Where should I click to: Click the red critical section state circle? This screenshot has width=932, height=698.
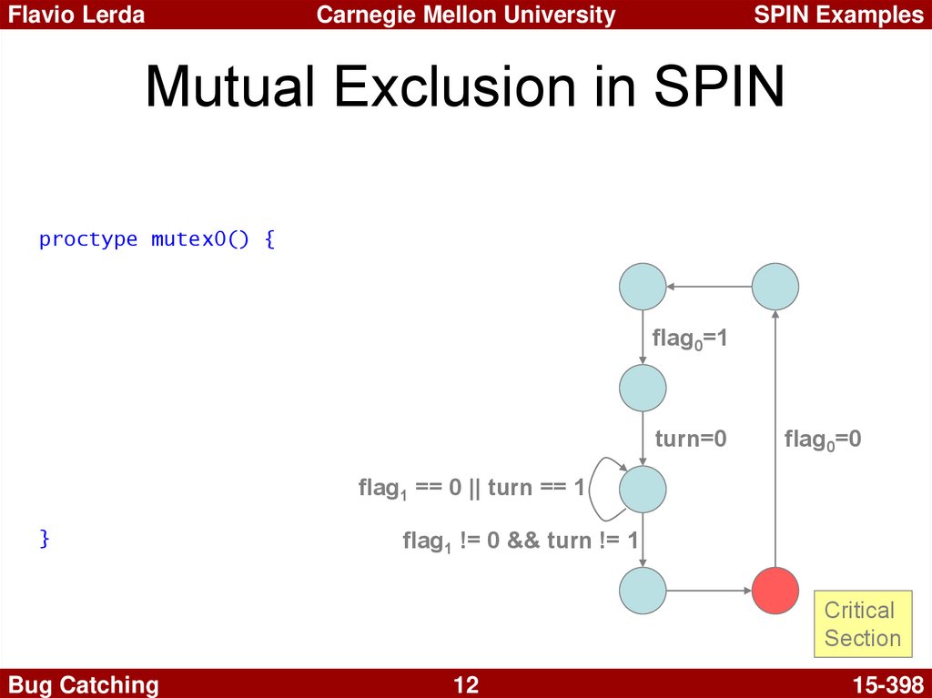775,591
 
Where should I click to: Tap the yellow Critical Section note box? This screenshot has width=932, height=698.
863,623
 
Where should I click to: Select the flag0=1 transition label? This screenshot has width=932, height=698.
690,339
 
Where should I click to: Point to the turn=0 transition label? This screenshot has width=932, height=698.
691,439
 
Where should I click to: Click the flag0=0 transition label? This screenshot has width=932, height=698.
823,440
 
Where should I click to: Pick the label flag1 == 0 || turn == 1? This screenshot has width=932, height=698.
472,489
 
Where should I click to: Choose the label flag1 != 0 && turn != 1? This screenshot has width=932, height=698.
520,541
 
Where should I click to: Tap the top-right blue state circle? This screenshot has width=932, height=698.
775,287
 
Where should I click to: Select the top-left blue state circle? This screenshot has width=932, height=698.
643,287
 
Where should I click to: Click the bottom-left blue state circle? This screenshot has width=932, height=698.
643,591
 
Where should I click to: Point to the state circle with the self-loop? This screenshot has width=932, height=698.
643,490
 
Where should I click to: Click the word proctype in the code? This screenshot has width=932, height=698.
88,239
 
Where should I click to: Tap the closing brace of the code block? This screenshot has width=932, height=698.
44,538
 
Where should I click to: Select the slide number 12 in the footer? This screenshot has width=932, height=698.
466,685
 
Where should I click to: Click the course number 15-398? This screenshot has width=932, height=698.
888,685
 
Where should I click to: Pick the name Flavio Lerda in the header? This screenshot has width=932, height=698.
76,15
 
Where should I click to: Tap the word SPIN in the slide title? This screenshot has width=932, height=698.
719,86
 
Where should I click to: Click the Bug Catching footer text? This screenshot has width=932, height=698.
83,685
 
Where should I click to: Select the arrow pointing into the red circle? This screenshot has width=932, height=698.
709,591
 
